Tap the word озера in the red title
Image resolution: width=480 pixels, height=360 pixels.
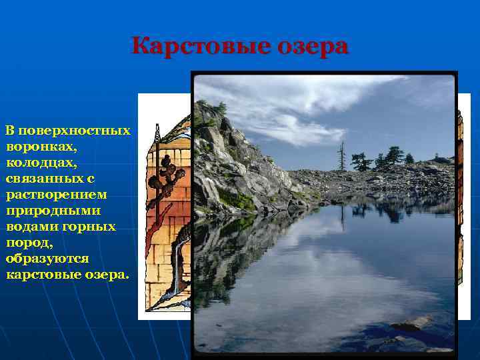point(312,47)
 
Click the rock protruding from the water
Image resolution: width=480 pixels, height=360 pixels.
point(409,324)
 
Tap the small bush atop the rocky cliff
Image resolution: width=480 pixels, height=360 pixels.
point(220,107)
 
